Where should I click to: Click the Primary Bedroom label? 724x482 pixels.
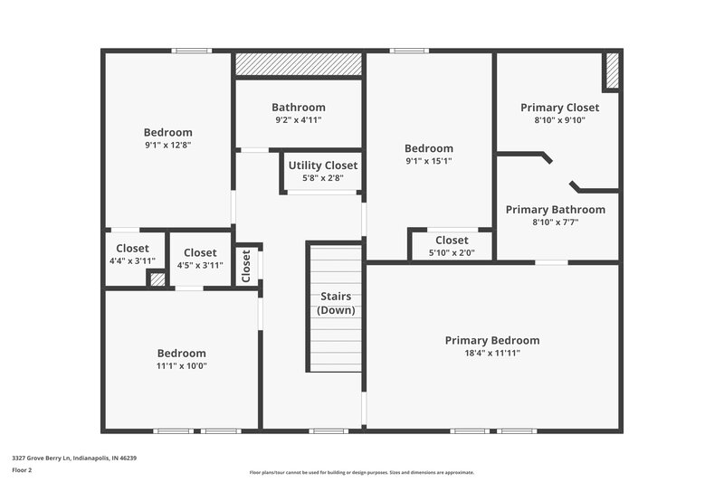(x=491, y=340)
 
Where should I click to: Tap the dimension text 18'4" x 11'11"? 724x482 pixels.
(x=491, y=353)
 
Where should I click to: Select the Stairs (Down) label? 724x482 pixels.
(x=336, y=303)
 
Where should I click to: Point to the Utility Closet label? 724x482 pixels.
(x=322, y=165)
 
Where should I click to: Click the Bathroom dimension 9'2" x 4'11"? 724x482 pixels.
(x=298, y=119)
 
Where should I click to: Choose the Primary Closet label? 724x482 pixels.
(x=559, y=108)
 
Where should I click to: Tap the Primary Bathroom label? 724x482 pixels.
(x=555, y=210)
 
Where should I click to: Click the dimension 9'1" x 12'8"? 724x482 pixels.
(x=167, y=145)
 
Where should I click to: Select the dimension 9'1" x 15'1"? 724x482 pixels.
(x=428, y=161)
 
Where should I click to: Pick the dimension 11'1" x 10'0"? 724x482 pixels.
(x=181, y=365)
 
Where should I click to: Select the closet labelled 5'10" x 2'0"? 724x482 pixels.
(x=451, y=246)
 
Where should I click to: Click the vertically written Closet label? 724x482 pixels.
(x=246, y=267)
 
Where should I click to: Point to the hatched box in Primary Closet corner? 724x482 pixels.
(x=612, y=71)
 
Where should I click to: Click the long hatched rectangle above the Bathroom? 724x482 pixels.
(x=299, y=65)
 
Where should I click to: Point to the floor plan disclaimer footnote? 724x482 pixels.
(x=361, y=472)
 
